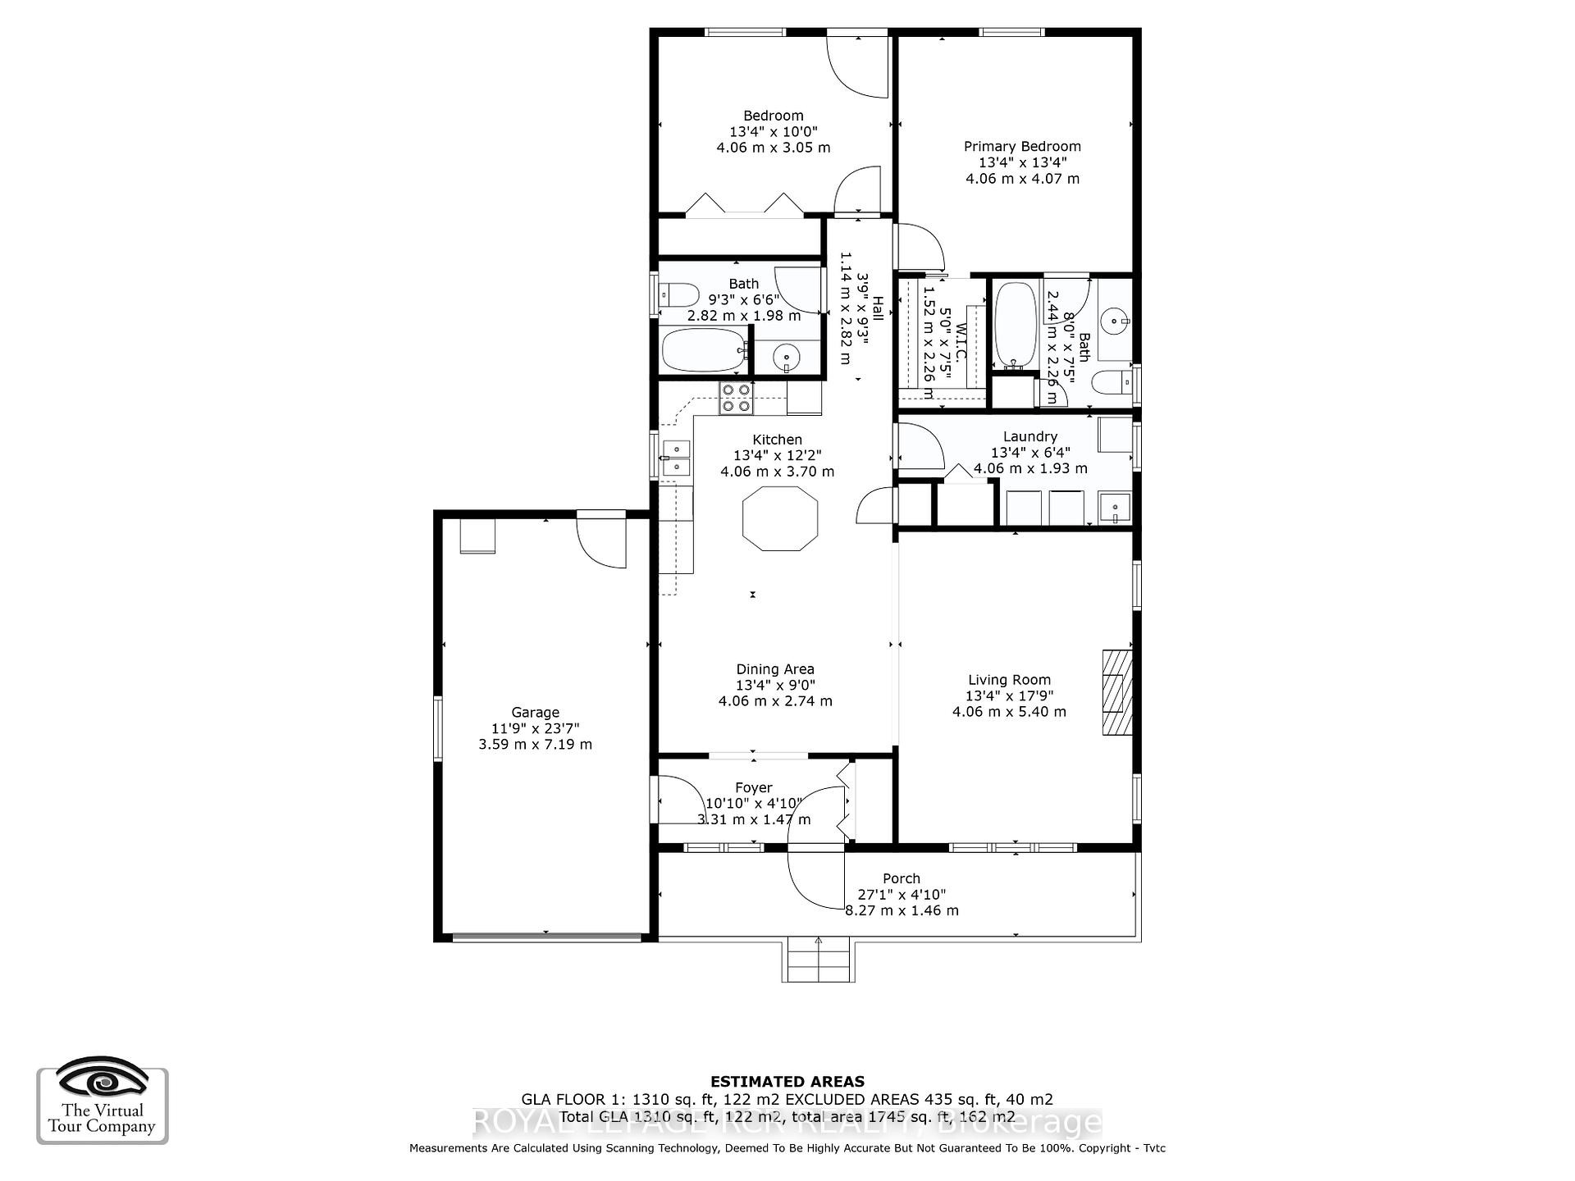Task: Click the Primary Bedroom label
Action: (x=1022, y=147)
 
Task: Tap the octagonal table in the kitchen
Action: (x=779, y=518)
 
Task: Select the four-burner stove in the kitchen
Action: (x=735, y=399)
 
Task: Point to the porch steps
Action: (x=818, y=961)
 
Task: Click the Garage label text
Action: (x=535, y=713)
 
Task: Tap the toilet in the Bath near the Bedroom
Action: (x=679, y=294)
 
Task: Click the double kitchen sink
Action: (x=677, y=458)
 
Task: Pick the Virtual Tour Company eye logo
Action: (x=103, y=1080)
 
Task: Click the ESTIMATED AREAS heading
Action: (x=787, y=1082)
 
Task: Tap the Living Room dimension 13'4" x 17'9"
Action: (x=1009, y=695)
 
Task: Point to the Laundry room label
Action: (x=1029, y=437)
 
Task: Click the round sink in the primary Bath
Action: (x=1115, y=320)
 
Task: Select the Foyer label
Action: (x=753, y=788)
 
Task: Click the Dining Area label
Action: (x=774, y=669)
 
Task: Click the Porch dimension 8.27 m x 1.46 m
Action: (x=902, y=910)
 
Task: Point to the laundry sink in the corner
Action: (x=1115, y=508)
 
